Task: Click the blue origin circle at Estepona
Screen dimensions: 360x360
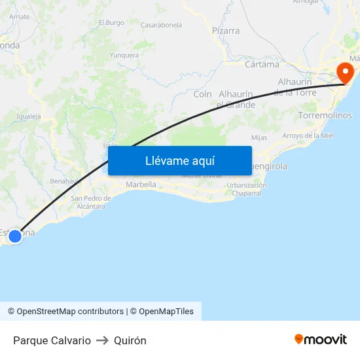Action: click(14, 236)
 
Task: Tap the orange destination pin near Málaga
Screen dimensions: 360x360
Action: click(344, 72)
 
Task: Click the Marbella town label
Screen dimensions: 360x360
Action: click(141, 185)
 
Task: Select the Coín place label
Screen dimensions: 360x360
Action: click(202, 94)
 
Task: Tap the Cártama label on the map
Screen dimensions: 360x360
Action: click(262, 64)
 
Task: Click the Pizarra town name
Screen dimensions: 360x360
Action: click(226, 31)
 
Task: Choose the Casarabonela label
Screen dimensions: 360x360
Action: click(161, 25)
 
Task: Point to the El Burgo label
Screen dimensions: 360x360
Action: click(111, 23)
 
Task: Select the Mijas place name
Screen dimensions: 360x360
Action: click(259, 137)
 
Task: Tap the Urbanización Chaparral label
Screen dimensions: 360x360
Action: click(246, 189)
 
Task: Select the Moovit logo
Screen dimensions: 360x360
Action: click(321, 339)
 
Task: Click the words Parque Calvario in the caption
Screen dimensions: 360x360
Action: click(52, 340)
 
